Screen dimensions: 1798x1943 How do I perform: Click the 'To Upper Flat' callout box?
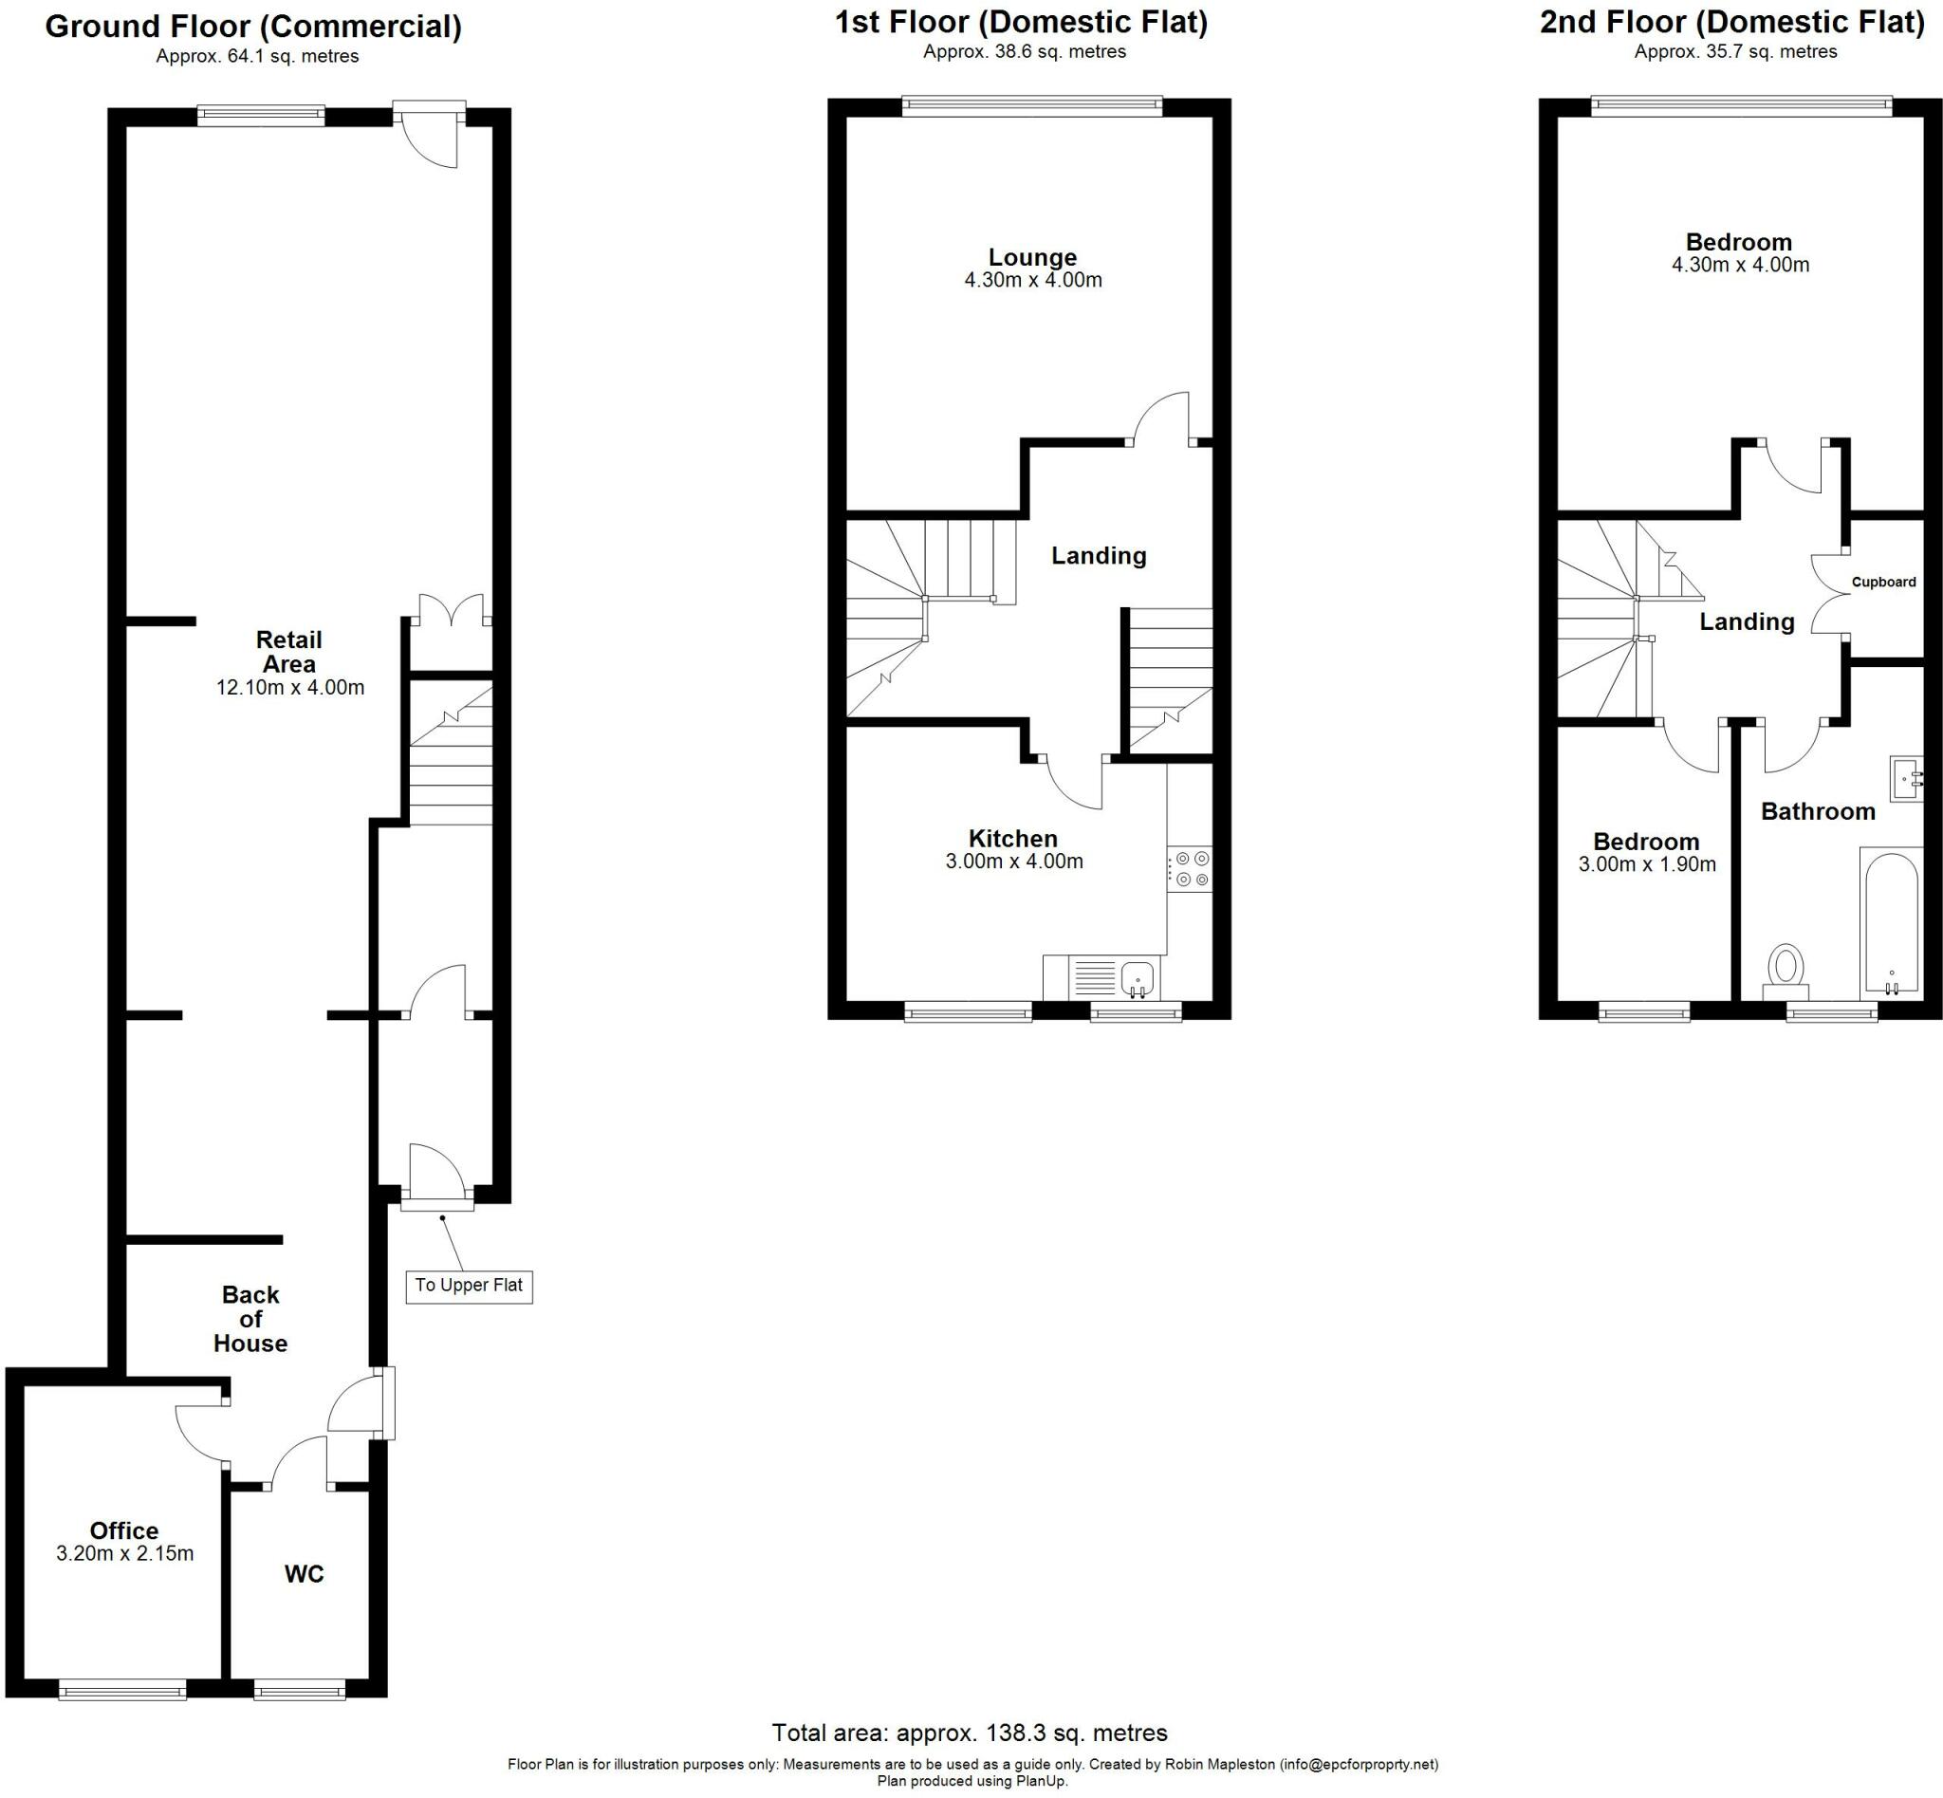coord(468,1287)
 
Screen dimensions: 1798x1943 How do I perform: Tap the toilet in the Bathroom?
coord(1786,969)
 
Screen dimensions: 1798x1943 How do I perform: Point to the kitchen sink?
coord(1137,977)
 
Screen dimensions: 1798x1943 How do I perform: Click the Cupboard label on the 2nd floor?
coord(1882,582)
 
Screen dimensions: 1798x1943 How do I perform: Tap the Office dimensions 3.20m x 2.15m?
coord(124,1554)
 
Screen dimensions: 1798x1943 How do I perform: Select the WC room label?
coord(304,1573)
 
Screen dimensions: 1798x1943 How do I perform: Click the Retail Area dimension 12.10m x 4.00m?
coord(290,688)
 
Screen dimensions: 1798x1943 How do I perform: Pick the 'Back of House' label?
coord(250,1318)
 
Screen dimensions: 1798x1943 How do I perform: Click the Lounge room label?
coord(1032,257)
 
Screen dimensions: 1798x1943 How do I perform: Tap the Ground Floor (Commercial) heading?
coord(253,27)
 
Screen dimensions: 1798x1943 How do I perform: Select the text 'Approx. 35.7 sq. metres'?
coord(1735,51)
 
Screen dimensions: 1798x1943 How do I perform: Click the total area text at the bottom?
coord(969,1732)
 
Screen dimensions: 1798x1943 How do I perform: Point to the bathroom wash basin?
coord(1905,778)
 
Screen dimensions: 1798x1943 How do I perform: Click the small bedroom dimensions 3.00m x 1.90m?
coord(1646,864)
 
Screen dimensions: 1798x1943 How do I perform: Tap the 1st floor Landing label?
coord(1099,556)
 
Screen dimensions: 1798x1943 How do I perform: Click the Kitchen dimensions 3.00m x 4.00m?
coord(1014,862)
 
